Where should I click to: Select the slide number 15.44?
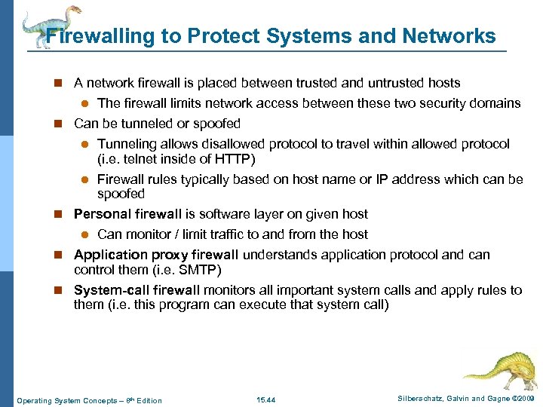click(x=265, y=399)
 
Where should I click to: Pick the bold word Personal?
click(x=100, y=214)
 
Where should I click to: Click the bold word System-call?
click(x=110, y=290)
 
